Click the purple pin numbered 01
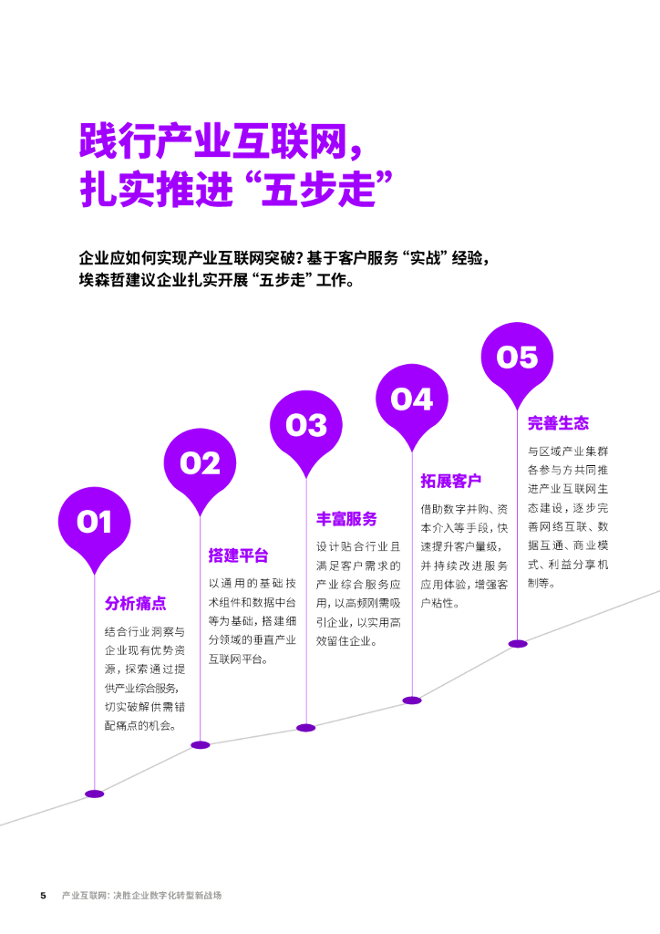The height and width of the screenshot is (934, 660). tap(94, 523)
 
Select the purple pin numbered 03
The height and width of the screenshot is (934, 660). tap(306, 425)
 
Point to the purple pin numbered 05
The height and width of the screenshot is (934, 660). tap(518, 358)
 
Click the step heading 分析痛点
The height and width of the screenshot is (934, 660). tap(135, 604)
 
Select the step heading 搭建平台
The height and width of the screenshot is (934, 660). tap(239, 555)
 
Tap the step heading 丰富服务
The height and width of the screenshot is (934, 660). tap(346, 519)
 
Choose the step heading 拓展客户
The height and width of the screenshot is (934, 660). tap(451, 481)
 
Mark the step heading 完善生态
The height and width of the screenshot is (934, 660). tap(558, 423)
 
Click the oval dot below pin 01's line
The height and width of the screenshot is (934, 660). tap(95, 794)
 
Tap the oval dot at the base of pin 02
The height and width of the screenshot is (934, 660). tap(201, 745)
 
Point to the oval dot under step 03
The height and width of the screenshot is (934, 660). tap(306, 728)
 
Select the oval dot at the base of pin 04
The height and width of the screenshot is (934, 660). tap(412, 700)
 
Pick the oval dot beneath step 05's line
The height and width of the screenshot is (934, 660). tap(518, 643)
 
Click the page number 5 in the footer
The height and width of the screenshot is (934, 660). tap(43, 895)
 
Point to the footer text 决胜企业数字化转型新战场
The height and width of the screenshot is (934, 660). tap(168, 895)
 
